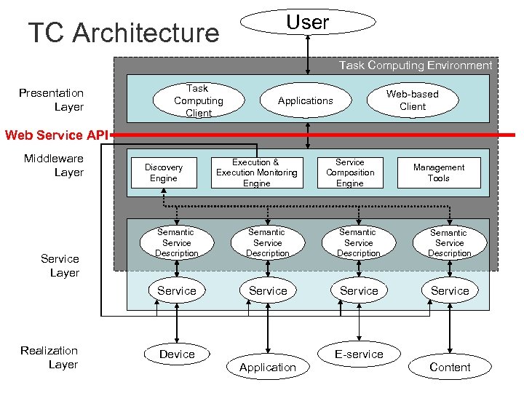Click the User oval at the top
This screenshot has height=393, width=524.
[x=307, y=23]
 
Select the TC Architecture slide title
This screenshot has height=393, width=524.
[x=123, y=33]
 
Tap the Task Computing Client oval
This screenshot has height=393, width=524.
[x=198, y=100]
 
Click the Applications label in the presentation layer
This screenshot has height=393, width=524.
[x=306, y=100]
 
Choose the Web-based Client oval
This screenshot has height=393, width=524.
[x=412, y=100]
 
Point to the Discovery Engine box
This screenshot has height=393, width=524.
[x=164, y=172]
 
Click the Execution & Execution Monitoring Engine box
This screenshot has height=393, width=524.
[x=256, y=172]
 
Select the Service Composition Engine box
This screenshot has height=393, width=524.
[x=350, y=172]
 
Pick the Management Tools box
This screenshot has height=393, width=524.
[x=439, y=172]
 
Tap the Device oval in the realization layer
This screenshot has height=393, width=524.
[x=177, y=354]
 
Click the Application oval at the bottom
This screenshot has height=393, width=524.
[x=268, y=367]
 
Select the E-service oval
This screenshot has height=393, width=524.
[x=359, y=354]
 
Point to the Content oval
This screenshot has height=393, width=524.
[x=450, y=367]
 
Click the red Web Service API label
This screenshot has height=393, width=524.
[x=56, y=135]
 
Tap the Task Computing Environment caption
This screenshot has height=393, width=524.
[x=416, y=65]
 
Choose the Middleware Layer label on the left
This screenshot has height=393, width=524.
[x=54, y=165]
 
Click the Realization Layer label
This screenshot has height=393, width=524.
[x=49, y=357]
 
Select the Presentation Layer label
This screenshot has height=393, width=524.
[x=52, y=100]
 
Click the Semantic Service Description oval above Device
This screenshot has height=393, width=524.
[x=177, y=242]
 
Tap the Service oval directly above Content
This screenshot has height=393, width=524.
[x=450, y=290]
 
